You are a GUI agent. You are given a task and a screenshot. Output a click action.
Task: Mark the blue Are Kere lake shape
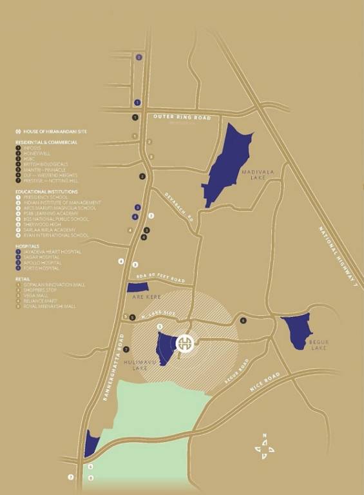[138, 287]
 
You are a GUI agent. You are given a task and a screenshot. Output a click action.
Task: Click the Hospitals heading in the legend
[28, 246]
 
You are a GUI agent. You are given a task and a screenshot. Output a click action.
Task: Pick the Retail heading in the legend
[23, 279]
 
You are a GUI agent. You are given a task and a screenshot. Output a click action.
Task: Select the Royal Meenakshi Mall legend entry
[52, 306]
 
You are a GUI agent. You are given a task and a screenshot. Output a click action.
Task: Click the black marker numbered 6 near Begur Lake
[243, 320]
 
